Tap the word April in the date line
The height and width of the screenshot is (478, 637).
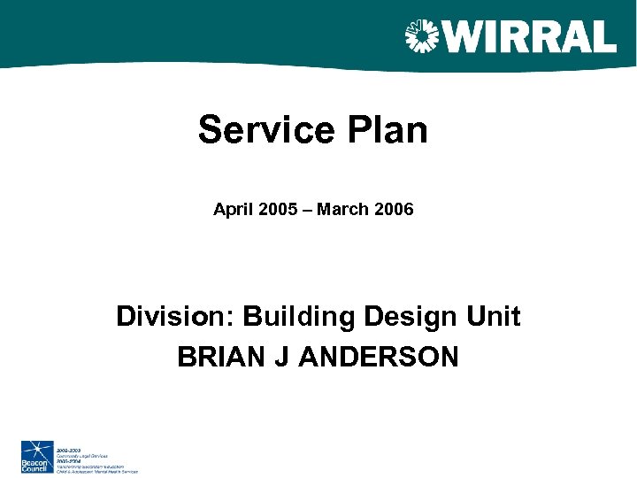click(x=231, y=210)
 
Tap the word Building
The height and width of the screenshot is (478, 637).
click(x=298, y=316)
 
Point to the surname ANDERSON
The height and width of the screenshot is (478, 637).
click(x=380, y=357)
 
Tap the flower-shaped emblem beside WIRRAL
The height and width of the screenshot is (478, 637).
click(x=422, y=36)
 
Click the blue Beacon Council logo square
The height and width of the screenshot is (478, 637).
click(x=38, y=456)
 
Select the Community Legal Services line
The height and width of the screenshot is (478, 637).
click(x=82, y=455)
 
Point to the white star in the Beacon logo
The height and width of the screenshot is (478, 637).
click(x=37, y=449)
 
